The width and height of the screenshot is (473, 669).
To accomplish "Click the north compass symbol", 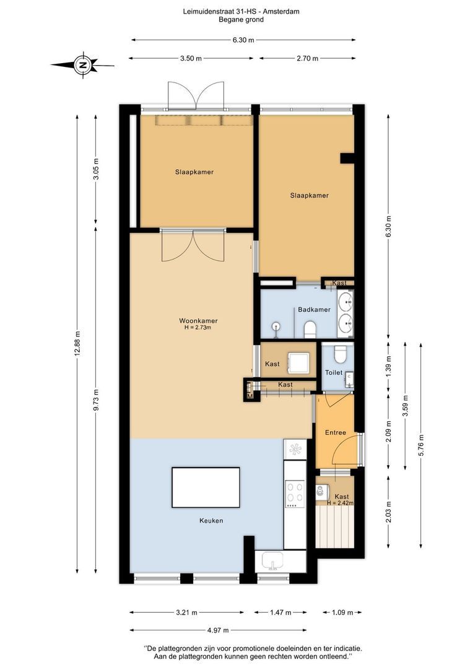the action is [83, 65].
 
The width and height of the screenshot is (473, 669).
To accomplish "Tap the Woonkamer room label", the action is [198, 321].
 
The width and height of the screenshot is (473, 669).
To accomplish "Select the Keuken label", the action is [211, 520].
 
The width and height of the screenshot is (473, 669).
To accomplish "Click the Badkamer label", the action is [314, 309].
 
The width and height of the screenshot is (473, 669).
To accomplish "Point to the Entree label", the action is [335, 432].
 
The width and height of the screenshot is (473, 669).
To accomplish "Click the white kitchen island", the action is [206, 488].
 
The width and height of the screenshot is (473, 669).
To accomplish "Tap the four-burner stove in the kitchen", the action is [295, 494].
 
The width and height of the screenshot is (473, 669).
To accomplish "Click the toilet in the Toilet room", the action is [341, 353].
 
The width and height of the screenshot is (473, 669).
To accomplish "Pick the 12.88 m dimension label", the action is [77, 343].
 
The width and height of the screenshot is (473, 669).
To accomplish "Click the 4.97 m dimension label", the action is [218, 630].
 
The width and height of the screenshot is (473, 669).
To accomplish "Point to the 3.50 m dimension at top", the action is [191, 58].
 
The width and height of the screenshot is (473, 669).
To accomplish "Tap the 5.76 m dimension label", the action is [421, 445].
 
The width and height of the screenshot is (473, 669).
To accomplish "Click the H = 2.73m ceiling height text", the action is [198, 328].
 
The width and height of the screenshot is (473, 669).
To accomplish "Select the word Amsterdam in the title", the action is [282, 12].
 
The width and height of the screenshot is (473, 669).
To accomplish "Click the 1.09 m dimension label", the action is [342, 612].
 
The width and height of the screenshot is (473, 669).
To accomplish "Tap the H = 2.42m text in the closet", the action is [341, 503].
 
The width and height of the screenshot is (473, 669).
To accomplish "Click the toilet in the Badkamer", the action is [309, 329].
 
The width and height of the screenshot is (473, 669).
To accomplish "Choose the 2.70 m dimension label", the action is [307, 58].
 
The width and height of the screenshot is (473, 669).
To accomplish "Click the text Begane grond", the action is [241, 19].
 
